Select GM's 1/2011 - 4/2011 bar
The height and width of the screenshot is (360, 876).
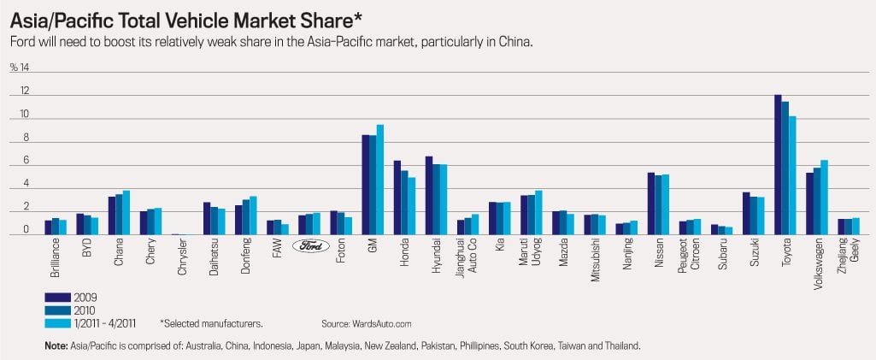pos(380,180)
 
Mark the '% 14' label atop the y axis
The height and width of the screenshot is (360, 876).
pos(20,67)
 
